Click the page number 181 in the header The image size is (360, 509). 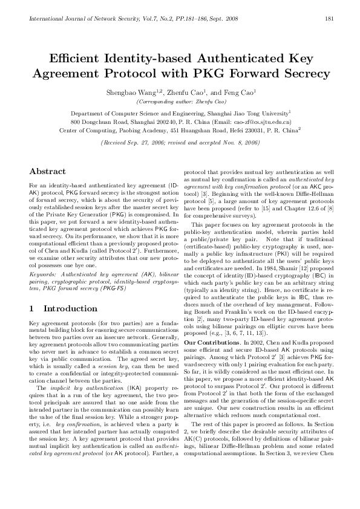coord(330,19)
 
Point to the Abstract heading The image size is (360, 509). coord(47,171)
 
